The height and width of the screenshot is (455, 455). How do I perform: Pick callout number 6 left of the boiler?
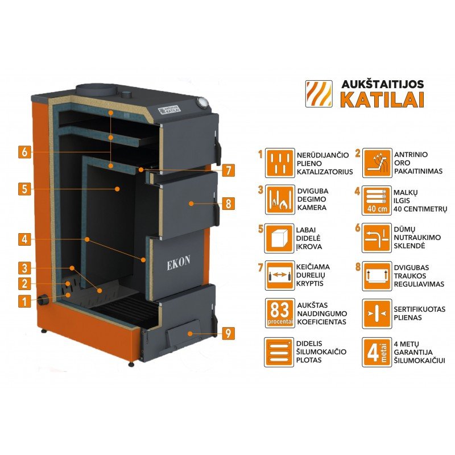(x=23, y=152)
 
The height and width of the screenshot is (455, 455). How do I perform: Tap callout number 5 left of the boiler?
(x=23, y=189)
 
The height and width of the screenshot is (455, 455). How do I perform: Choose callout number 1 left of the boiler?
(x=23, y=301)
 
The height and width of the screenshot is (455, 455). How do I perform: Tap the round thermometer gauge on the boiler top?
(x=201, y=103)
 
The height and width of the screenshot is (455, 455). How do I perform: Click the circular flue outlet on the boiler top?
(x=94, y=90)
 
